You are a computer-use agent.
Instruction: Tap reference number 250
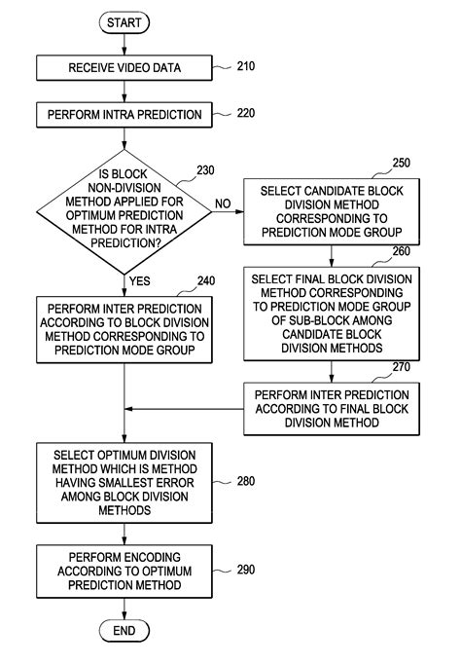click(x=401, y=162)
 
